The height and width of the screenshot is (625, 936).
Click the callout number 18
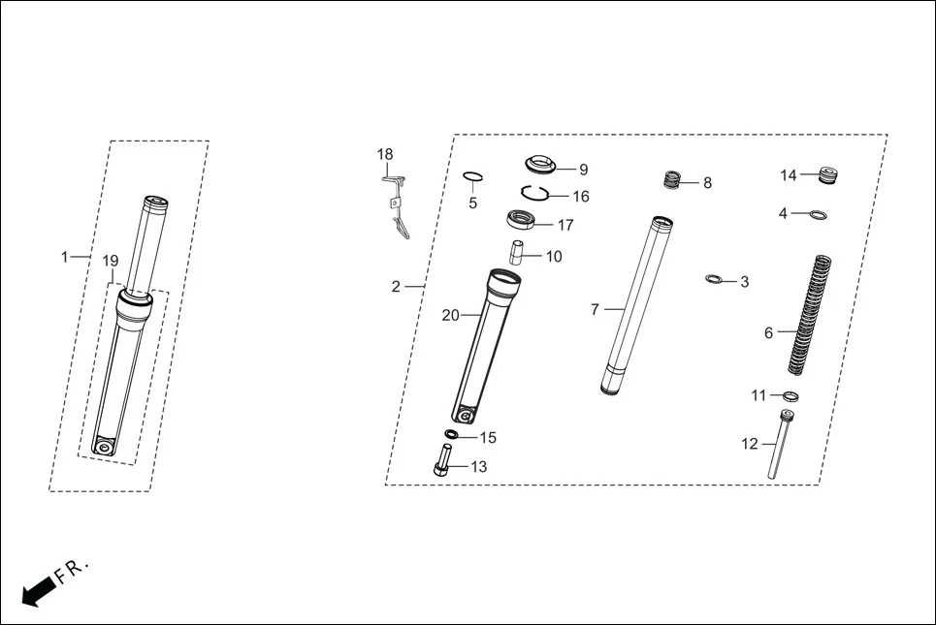click(x=385, y=155)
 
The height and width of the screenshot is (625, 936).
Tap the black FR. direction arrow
click(x=37, y=589)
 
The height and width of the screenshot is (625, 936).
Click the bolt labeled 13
click(x=442, y=458)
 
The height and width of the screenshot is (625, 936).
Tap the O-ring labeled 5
click(x=473, y=176)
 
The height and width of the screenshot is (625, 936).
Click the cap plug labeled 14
click(x=827, y=175)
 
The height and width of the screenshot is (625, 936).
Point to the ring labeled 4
click(x=819, y=214)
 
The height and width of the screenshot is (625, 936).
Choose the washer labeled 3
click(x=715, y=280)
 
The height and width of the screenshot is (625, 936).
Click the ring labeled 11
click(x=791, y=395)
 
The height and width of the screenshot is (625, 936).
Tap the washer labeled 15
click(x=453, y=433)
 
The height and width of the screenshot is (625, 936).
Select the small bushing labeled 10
click(x=517, y=251)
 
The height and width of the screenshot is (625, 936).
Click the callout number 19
click(x=111, y=262)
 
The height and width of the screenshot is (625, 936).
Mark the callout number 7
click(x=596, y=310)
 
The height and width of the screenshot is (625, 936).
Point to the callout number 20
click(x=450, y=315)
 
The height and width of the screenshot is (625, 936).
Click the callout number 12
click(x=749, y=444)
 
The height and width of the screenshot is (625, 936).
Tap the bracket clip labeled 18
click(x=398, y=208)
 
